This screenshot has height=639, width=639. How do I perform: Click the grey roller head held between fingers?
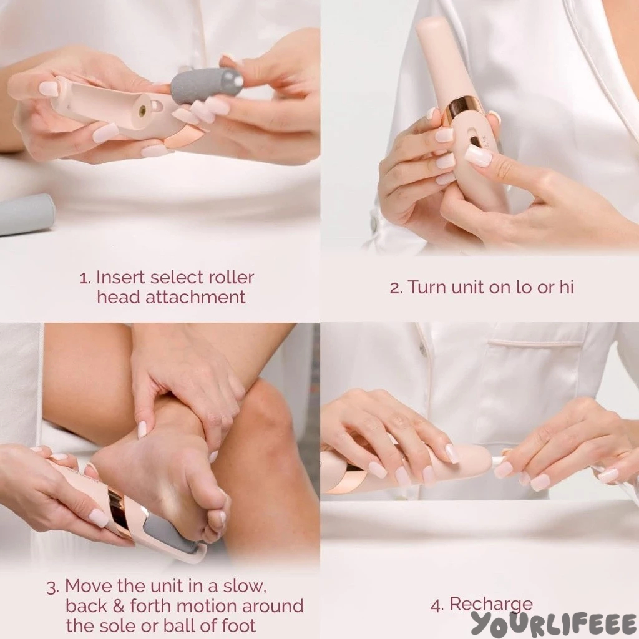point(207,85)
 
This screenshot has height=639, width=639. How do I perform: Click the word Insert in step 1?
point(121,278)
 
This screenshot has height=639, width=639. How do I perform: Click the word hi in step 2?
point(566,287)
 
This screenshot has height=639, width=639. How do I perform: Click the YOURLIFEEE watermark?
point(554,624)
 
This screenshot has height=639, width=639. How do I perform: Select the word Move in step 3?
point(89,586)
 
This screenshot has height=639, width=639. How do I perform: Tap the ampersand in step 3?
point(118,606)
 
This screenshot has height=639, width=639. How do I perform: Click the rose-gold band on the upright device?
point(464,110)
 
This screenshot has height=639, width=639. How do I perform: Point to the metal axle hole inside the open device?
point(143,110)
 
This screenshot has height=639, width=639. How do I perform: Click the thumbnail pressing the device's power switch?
point(477,155)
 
